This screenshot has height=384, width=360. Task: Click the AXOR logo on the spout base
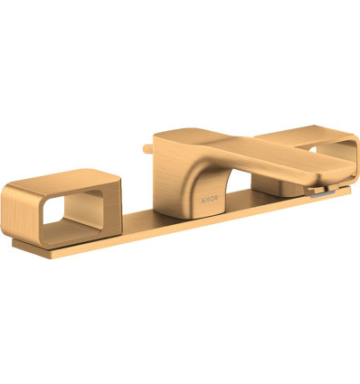tap(210, 200)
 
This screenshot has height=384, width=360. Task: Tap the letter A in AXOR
tap(204, 200)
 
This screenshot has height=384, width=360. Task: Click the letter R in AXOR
tap(216, 200)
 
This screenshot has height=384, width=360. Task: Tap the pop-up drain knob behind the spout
tap(147, 149)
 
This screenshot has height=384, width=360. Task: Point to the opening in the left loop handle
tap(72, 210)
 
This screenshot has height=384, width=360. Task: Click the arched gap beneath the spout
tap(238, 182)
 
